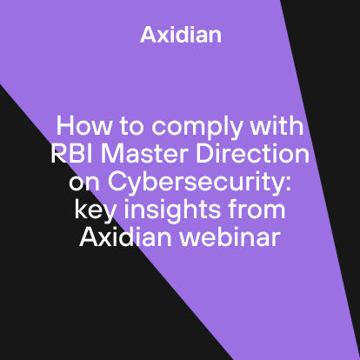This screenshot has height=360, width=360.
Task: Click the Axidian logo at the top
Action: pos(180,36)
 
